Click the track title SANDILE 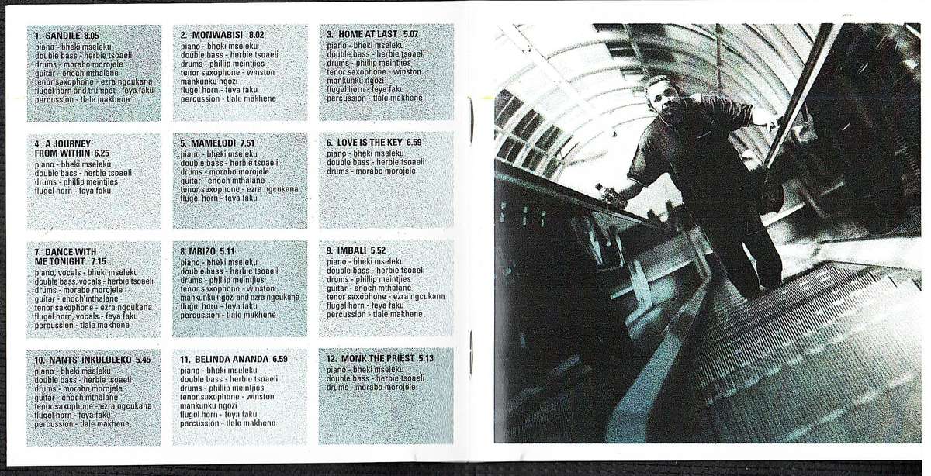click(63, 36)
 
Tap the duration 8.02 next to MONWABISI click(257, 35)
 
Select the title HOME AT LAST click(368, 34)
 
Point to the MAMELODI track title click(213, 143)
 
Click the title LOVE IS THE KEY click(369, 143)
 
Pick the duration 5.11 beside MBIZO click(227, 251)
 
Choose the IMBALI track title click(351, 250)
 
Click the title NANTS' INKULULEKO click(90, 360)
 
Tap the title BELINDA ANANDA click(231, 359)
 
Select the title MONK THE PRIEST click(378, 358)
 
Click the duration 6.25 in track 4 click(102, 153)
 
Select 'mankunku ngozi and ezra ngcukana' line click(240, 298)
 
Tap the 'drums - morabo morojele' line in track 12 click(371, 387)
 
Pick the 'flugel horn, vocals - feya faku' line click(86, 316)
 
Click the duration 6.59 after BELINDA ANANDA click(280, 359)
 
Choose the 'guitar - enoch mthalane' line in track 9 click(369, 288)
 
